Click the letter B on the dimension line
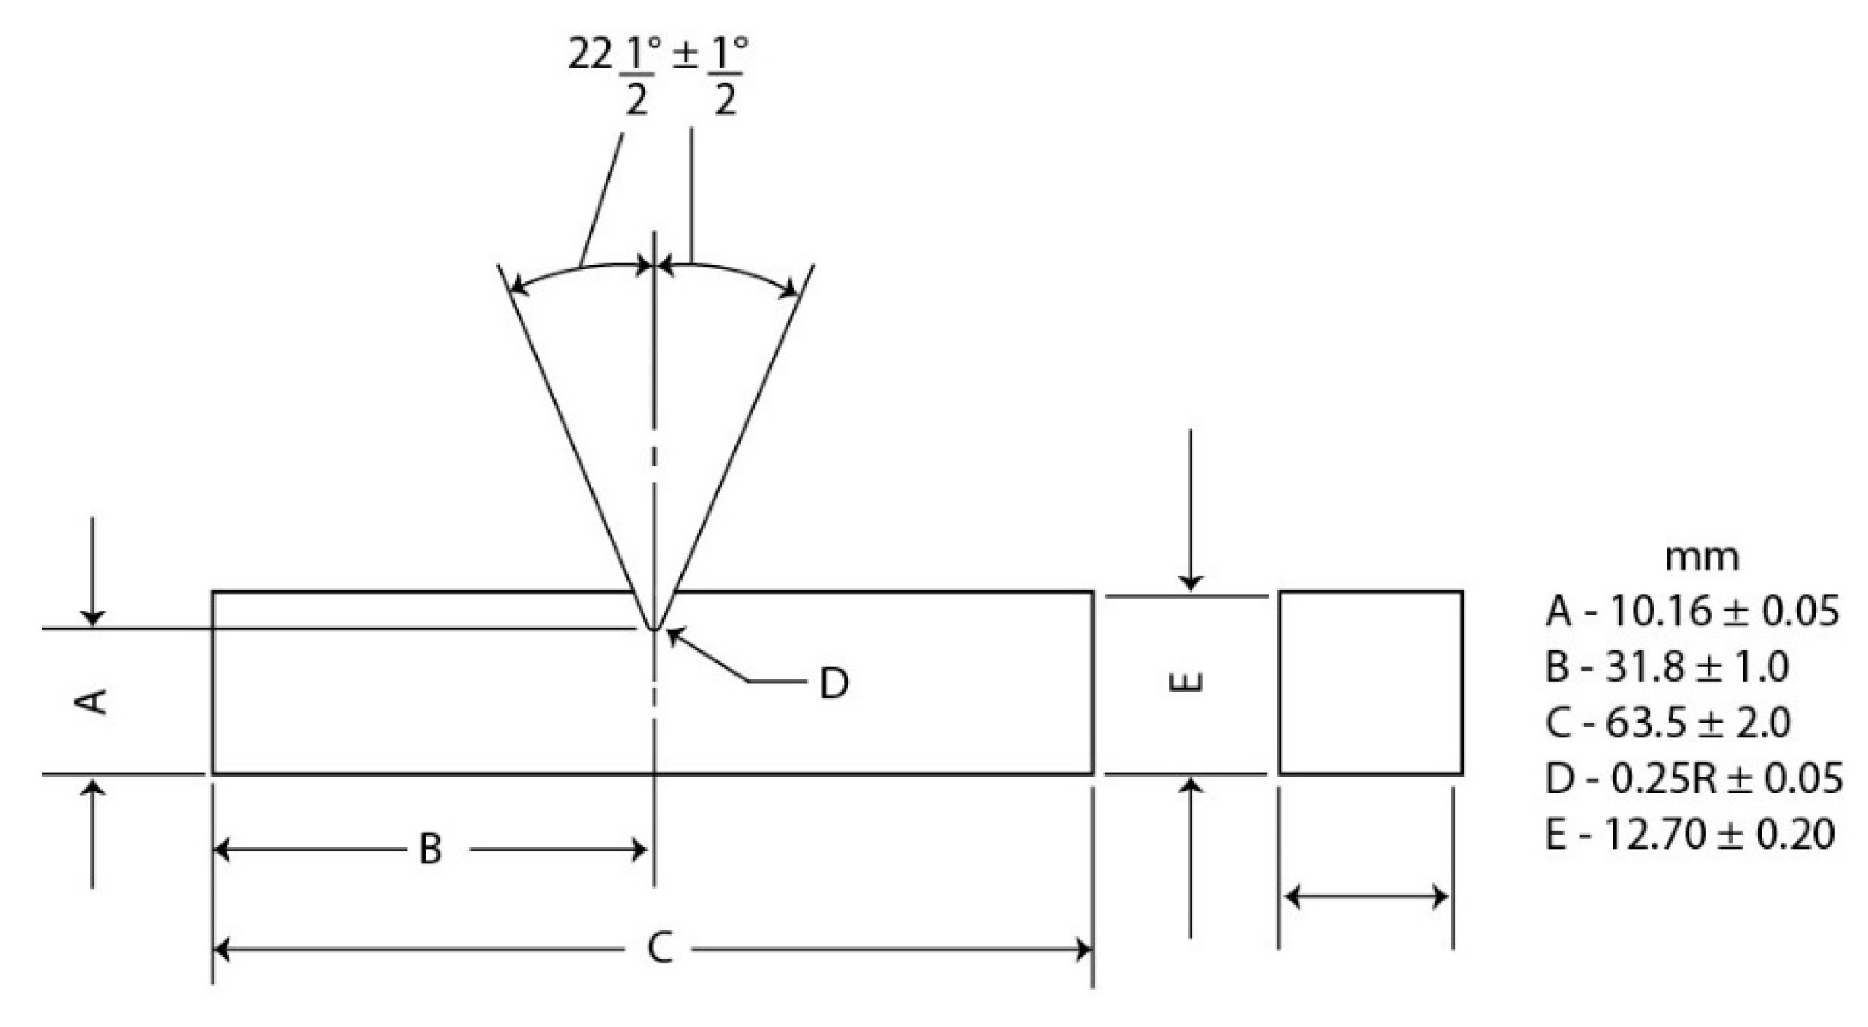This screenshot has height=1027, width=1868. point(430,849)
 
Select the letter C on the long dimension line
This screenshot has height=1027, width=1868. point(659,949)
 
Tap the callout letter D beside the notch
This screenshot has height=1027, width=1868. point(833,683)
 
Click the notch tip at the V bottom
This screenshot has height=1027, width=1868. point(653,628)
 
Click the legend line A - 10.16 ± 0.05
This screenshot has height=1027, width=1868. point(1692,611)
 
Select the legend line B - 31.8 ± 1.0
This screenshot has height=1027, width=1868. point(1667,667)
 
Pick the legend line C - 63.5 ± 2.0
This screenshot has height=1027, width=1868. point(1667,723)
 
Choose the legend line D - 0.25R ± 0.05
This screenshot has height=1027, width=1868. point(1693,778)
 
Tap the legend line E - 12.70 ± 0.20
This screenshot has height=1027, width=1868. point(1689,834)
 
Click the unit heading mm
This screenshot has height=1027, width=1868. point(1701,558)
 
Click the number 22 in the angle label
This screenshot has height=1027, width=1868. point(589,55)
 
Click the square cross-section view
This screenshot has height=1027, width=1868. point(1370,682)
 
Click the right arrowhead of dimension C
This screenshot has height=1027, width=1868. point(1084,949)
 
